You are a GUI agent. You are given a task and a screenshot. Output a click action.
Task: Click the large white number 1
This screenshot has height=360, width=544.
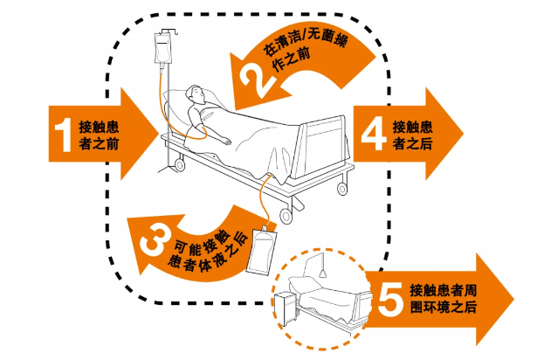tap(63, 135)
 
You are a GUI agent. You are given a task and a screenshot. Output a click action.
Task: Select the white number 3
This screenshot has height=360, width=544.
tap(155, 239)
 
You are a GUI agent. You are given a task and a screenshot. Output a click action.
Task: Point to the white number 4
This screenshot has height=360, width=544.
tap(374, 134)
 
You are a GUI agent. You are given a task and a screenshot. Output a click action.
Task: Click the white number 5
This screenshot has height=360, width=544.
tap(390, 299)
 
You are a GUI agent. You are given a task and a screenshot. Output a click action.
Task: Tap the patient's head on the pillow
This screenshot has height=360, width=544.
tap(195, 93)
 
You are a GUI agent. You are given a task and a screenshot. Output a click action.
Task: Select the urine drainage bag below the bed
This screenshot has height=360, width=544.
tap(261, 250)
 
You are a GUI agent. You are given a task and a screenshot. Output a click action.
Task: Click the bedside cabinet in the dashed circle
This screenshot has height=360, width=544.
tap(286, 309)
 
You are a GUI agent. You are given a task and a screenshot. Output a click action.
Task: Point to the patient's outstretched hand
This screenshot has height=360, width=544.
tap(226, 141)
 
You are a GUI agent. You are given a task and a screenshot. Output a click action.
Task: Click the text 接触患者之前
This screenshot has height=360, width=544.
tap(99, 135)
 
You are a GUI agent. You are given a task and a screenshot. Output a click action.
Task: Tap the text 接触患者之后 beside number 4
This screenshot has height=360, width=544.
tap(412, 135)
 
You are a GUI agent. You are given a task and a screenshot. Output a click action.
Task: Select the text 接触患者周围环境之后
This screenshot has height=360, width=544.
tap(444, 299)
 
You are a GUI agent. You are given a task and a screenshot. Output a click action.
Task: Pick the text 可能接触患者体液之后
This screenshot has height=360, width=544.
tap(208, 251)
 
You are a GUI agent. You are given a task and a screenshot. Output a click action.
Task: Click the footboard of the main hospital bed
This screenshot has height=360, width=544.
tap(321, 147)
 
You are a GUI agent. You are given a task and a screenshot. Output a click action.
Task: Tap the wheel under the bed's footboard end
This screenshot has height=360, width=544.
tap(342, 189)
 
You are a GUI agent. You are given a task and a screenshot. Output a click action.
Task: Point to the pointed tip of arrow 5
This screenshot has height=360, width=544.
tap(513, 299)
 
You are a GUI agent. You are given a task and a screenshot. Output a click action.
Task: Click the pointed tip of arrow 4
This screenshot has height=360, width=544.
tap(464, 134)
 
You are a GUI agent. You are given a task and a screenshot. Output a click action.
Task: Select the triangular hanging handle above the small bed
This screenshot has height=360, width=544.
tap(323, 273)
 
